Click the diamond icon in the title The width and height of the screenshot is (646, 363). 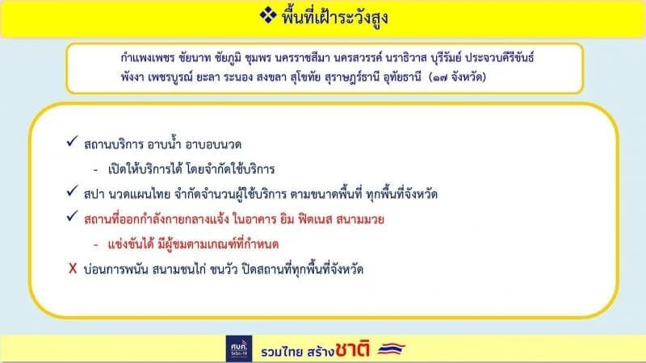(268, 15)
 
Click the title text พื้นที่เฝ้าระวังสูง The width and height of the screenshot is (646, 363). (334, 17)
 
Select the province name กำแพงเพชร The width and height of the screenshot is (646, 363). (148, 57)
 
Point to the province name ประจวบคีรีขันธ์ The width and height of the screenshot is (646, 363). (499, 57)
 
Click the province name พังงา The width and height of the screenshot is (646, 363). (132, 77)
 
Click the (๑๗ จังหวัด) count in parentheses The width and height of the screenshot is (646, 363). (457, 77)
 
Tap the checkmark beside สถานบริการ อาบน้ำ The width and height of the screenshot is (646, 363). (72, 142)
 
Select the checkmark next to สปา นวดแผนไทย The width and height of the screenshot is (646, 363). (72, 191)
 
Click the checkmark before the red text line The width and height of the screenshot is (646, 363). (72, 215)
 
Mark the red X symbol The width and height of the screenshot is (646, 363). (73, 269)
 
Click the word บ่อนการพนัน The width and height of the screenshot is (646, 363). (115, 269)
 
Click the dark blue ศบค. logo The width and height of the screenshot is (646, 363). (239, 348)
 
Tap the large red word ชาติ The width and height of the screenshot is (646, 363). (352, 349)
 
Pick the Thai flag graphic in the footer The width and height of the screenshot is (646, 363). (392, 349)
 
